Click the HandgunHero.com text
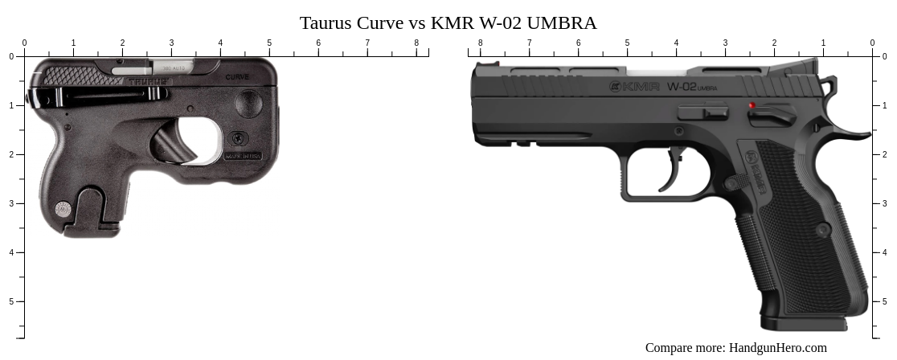pyautogui.click(x=777, y=348)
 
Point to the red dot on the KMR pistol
pyautogui.click(x=752, y=105)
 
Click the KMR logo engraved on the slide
pyautogui.click(x=635, y=86)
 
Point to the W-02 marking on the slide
pyautogui.click(x=682, y=86)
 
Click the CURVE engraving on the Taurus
pyautogui.click(x=237, y=77)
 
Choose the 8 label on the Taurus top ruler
pyautogui.click(x=416, y=43)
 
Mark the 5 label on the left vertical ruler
pyautogui.click(x=11, y=301)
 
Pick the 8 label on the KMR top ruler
pyautogui.click(x=481, y=43)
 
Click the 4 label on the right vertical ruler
pyautogui.click(x=885, y=252)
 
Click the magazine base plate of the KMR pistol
pyautogui.click(x=804, y=324)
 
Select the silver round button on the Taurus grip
pyautogui.click(x=63, y=209)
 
